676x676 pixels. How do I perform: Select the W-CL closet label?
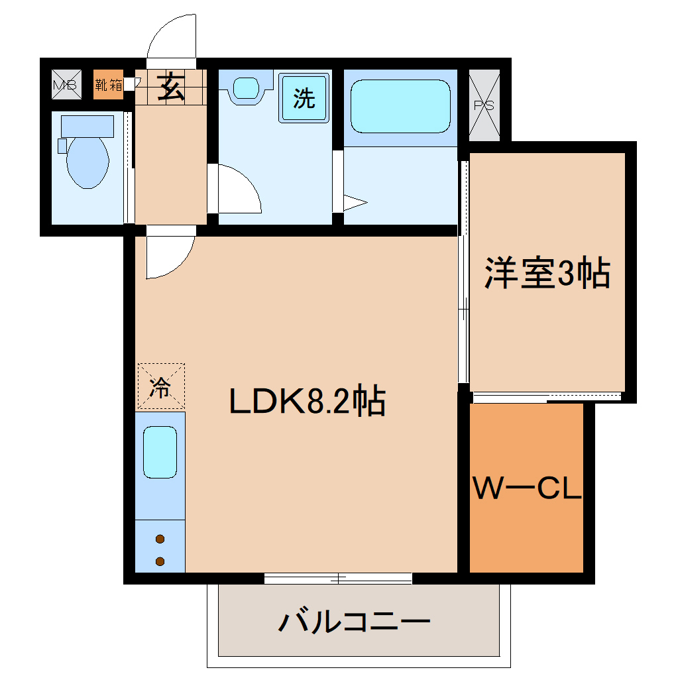pos(526,490)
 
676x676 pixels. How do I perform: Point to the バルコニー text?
pos(355,623)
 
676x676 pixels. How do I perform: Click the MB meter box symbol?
pos(65,84)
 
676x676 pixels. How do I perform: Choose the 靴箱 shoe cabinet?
pos(108,84)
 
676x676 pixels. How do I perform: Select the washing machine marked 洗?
pos(304,98)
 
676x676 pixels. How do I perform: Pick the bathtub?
pos(400,106)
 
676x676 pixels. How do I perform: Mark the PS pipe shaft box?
pos(484,105)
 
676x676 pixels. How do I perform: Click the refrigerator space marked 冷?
pos(160,386)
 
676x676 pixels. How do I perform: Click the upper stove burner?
pos(160,539)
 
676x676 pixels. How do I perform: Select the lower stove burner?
pos(160,561)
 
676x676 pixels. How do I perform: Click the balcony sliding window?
pos(338,578)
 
